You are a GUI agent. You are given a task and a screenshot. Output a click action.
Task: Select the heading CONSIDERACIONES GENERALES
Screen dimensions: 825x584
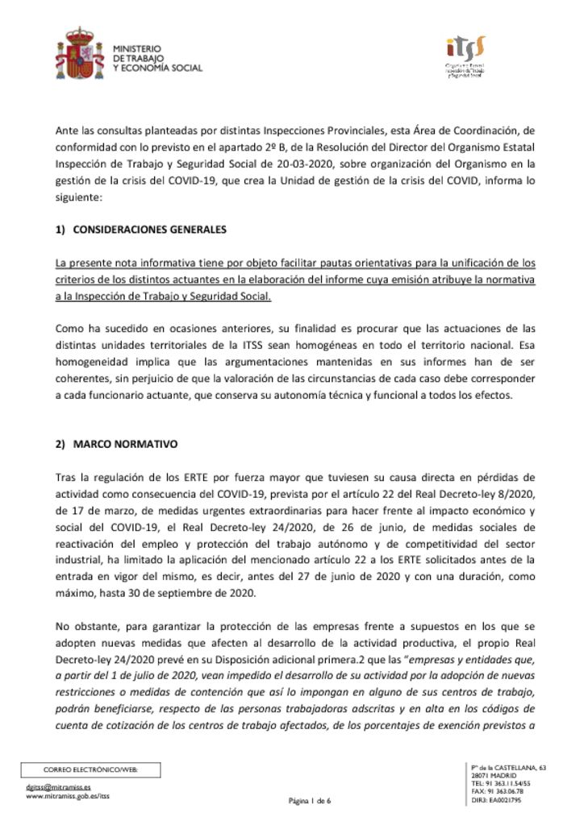tap(149, 229)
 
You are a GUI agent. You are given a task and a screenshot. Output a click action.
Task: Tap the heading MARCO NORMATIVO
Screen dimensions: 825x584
tap(131, 445)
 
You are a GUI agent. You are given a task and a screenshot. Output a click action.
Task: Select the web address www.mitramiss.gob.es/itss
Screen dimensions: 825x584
tap(68, 796)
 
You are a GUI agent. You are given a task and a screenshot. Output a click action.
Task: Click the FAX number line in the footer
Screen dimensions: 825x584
tap(496, 790)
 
